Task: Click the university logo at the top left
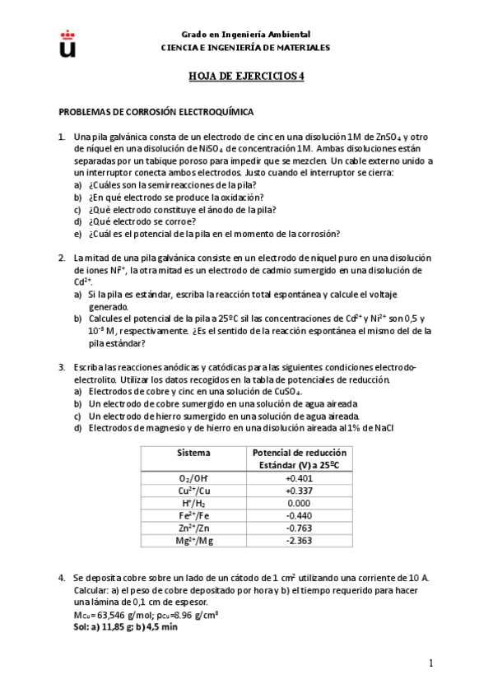(67, 43)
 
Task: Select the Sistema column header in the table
(193, 453)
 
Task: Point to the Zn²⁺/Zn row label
(194, 528)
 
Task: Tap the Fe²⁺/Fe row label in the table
(194, 515)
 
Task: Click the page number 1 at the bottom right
(430, 663)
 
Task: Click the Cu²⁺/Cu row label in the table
(194, 491)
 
